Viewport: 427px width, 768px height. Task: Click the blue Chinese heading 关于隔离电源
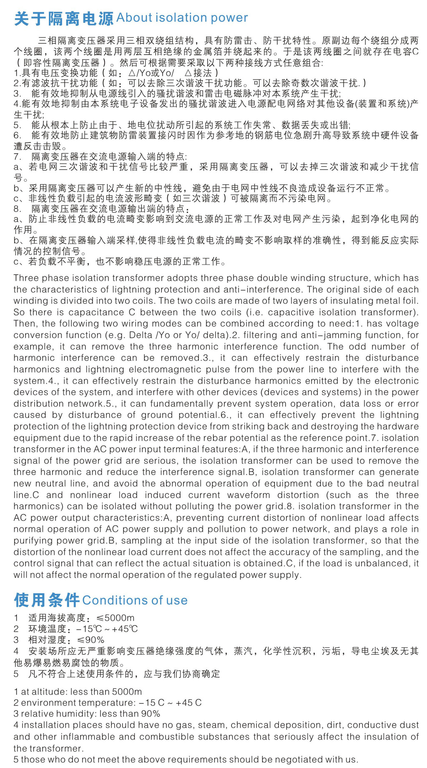pos(63,18)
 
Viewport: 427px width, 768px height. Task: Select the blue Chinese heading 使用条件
pos(46,600)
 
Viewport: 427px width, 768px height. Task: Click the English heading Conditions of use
pos(135,600)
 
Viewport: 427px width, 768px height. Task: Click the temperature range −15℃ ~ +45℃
pos(107,629)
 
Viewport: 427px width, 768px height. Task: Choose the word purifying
pos(37,540)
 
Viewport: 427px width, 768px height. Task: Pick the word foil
pos(411,300)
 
